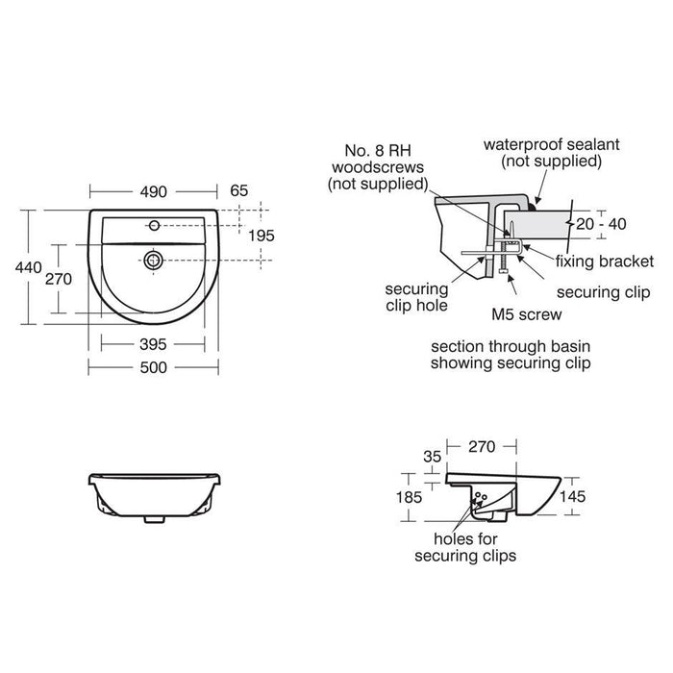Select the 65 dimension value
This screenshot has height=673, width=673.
(238, 191)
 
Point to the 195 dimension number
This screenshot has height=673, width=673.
(262, 236)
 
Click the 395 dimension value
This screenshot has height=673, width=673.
(153, 343)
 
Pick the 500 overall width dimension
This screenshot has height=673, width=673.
(153, 366)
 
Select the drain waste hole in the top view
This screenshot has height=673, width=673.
(152, 258)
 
